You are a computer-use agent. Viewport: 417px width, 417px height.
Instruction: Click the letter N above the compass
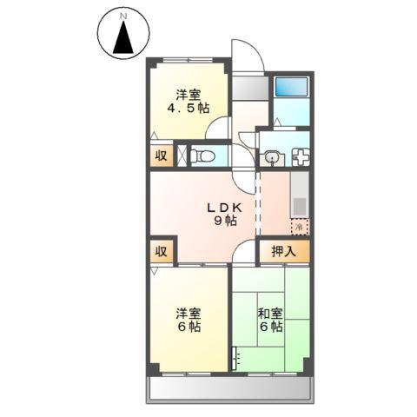(x=123, y=16)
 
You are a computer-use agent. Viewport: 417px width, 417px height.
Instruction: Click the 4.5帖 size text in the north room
(x=189, y=109)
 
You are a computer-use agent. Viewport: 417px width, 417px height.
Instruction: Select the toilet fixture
(x=203, y=156)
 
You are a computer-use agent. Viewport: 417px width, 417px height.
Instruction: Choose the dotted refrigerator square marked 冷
(x=299, y=226)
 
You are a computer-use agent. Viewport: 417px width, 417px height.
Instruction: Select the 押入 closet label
(x=283, y=252)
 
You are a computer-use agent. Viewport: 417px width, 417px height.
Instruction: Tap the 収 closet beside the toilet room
(x=162, y=156)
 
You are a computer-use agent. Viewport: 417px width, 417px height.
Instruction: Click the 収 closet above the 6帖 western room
(x=162, y=252)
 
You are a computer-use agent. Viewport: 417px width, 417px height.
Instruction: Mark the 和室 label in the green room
(x=268, y=313)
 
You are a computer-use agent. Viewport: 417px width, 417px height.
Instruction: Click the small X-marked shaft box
(x=181, y=156)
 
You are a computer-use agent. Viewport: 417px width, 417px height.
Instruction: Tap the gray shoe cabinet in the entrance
(x=248, y=87)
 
